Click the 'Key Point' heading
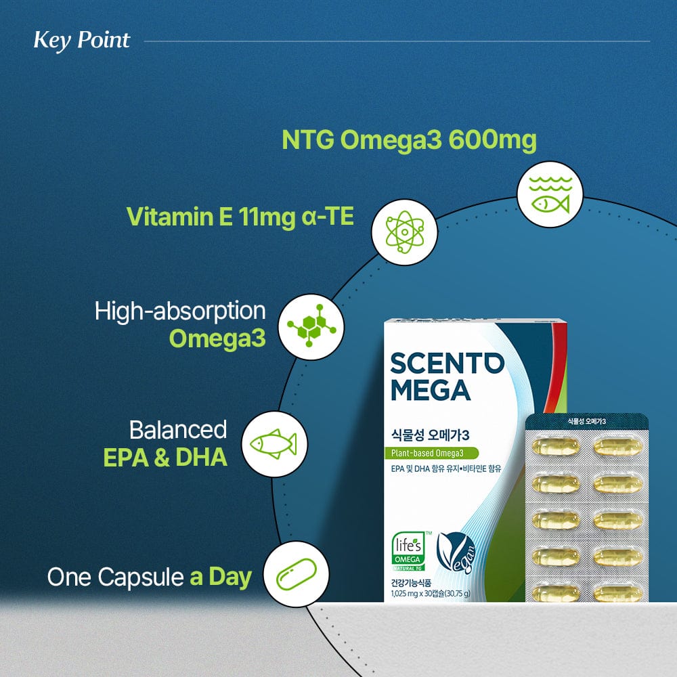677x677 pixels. pos(81,40)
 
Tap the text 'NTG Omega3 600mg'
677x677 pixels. pos(409,141)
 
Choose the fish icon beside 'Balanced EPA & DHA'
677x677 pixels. pos(274,444)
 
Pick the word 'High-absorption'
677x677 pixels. pos(179,311)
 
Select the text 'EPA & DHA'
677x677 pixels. pos(165,458)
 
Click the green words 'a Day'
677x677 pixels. pos(221,577)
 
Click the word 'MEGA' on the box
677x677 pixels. pos(430,391)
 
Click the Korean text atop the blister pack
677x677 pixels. pos(586,421)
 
